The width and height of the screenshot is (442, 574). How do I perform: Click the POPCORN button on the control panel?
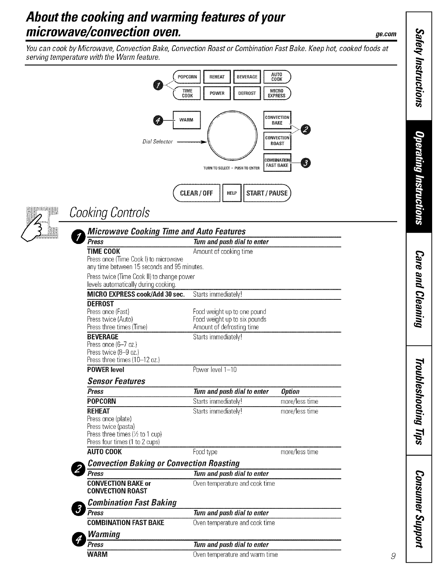click(x=187, y=77)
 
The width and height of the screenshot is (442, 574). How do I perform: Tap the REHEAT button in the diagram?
click(x=217, y=77)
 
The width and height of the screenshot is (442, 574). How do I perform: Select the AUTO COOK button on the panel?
click(x=277, y=77)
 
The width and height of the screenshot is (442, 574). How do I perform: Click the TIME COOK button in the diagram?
click(x=187, y=93)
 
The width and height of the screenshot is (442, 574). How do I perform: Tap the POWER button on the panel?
click(x=217, y=93)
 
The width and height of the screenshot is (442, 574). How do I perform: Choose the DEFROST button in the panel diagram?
click(x=247, y=93)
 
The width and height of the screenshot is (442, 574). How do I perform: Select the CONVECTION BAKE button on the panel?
click(x=277, y=120)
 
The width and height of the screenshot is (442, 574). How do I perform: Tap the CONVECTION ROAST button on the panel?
click(x=277, y=141)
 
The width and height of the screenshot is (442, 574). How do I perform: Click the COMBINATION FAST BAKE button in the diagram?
click(x=277, y=163)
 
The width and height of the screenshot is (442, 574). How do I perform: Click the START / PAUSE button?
click(x=267, y=193)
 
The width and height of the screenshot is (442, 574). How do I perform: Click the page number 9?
click(x=392, y=556)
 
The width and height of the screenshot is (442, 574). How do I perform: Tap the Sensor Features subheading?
click(x=116, y=381)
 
